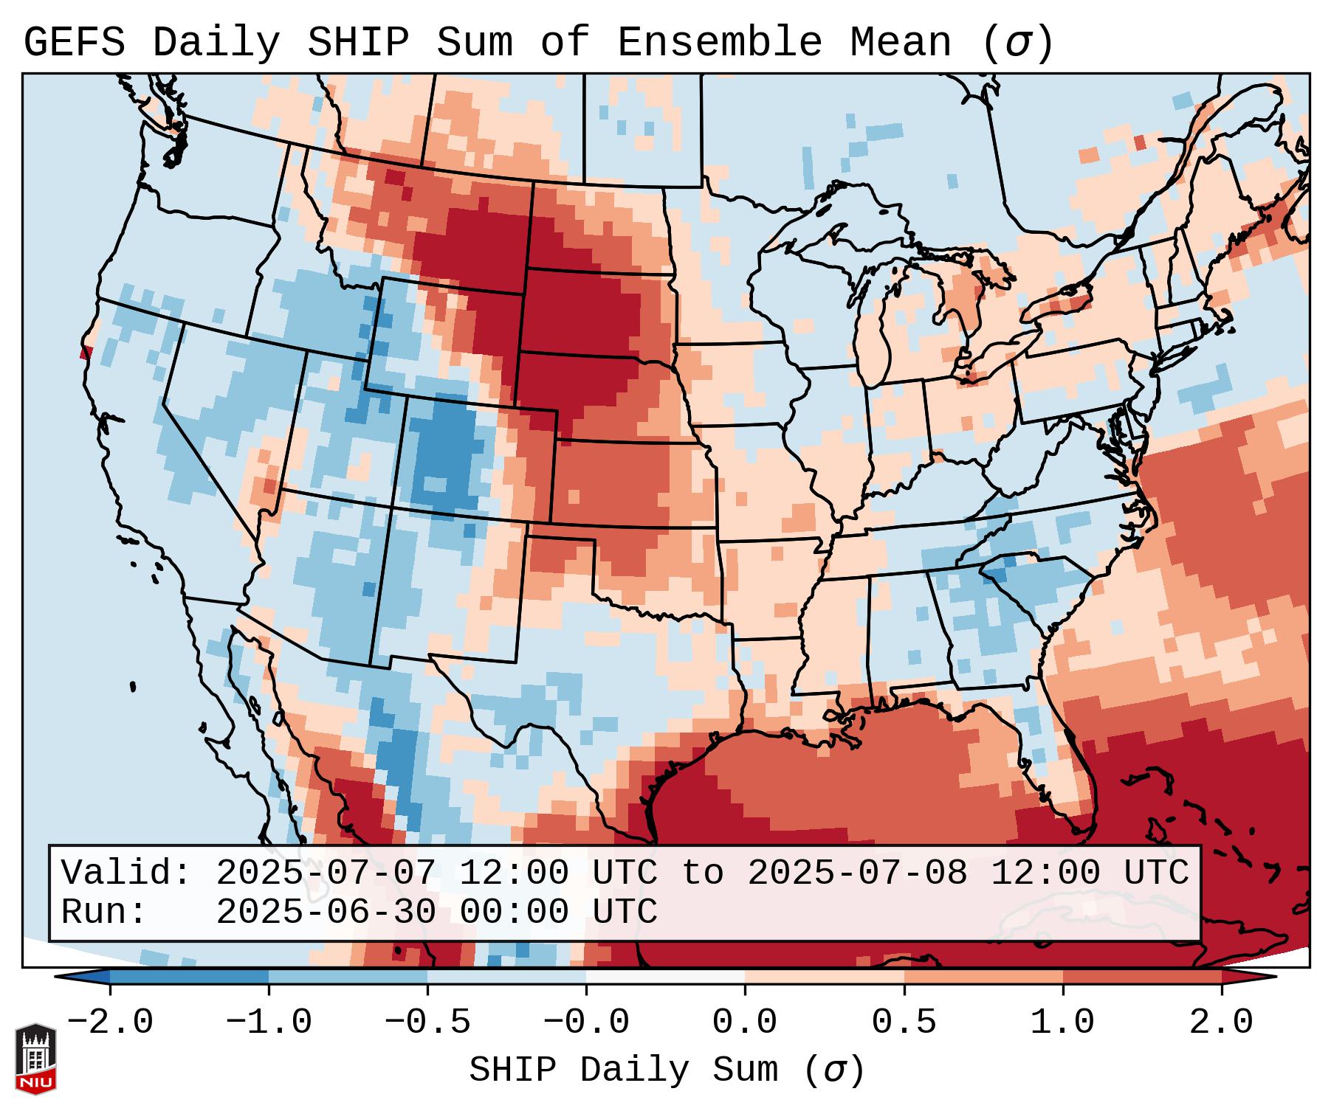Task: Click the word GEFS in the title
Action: pyautogui.click(x=74, y=43)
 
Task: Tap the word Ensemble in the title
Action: pyautogui.click(x=719, y=43)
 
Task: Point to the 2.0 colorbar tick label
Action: pyautogui.click(x=1221, y=1022)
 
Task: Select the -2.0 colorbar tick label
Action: pyautogui.click(x=110, y=1022)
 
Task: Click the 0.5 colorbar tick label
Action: pyautogui.click(x=904, y=1022)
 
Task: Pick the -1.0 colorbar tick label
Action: pyautogui.click(x=269, y=1022)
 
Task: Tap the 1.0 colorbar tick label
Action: pyautogui.click(x=1062, y=1022)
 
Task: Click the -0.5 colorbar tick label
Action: pyautogui.click(x=427, y=1022)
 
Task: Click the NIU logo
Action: pyautogui.click(x=35, y=1059)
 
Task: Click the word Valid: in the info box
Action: pyautogui.click(x=126, y=873)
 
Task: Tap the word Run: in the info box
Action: pyautogui.click(x=104, y=913)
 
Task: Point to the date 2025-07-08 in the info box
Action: pyautogui.click(x=857, y=873)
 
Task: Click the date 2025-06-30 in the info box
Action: pyautogui.click(x=326, y=913)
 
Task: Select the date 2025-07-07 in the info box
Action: pyautogui.click(x=326, y=873)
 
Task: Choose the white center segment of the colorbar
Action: pyautogui.click(x=665, y=977)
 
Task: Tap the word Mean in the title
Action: pyautogui.click(x=900, y=43)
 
